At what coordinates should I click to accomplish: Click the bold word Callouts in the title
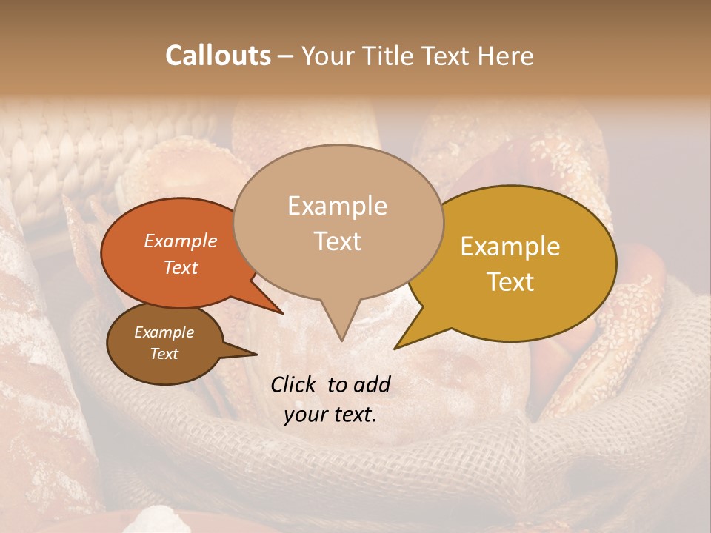pos(218,56)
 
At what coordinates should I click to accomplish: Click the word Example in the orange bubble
pos(180,241)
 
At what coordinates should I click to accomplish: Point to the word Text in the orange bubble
pos(180,267)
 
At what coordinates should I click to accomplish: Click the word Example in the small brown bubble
pos(164,332)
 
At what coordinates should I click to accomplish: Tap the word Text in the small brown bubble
pos(164,354)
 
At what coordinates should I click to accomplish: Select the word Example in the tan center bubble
pos(337,206)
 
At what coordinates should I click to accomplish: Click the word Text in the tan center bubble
pos(337,241)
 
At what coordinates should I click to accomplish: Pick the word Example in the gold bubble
pos(510,247)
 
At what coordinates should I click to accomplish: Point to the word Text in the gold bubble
pos(510,282)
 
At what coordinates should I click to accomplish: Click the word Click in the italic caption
pos(295,384)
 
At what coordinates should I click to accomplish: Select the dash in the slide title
pos(286,56)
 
